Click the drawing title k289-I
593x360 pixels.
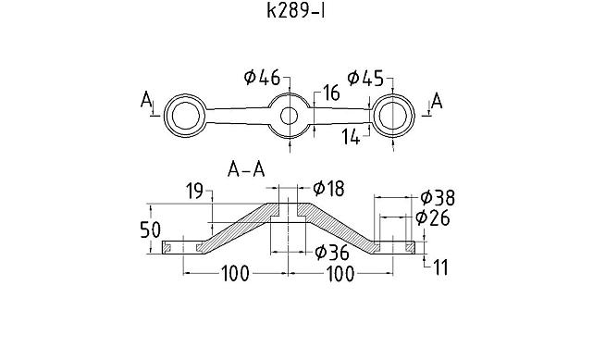[296, 12]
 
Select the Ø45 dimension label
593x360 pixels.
[365, 78]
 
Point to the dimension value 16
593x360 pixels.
[331, 93]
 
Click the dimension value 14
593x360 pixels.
[352, 137]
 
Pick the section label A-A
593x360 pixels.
[247, 168]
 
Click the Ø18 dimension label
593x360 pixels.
[328, 189]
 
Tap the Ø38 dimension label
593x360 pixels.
[437, 197]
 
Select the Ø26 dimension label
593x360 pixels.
[432, 217]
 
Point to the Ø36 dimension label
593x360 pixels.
[331, 252]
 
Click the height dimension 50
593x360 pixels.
[150, 230]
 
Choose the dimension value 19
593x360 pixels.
[193, 192]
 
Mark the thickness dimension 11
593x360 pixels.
[439, 267]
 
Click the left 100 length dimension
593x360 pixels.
[237, 275]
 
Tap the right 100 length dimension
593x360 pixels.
[340, 275]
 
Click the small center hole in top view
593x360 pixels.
[290, 116]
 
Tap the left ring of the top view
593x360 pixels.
[185, 116]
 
